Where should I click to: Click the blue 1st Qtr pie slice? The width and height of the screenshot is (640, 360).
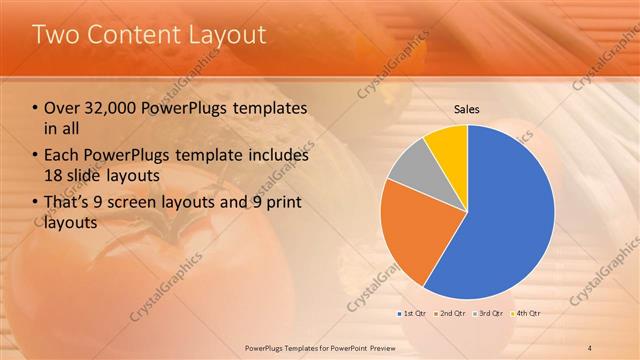pos(500,220)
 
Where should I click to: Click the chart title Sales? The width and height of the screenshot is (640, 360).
pos(467,108)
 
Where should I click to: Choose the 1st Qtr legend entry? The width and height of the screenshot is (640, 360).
pos(415,314)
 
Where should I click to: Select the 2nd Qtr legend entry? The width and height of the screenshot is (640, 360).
pos(451,314)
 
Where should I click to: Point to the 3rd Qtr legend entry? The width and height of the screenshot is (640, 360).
pos(488,314)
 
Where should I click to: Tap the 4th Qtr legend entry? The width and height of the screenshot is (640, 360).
pos(524,314)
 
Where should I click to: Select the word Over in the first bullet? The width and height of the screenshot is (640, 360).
pos(61,108)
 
